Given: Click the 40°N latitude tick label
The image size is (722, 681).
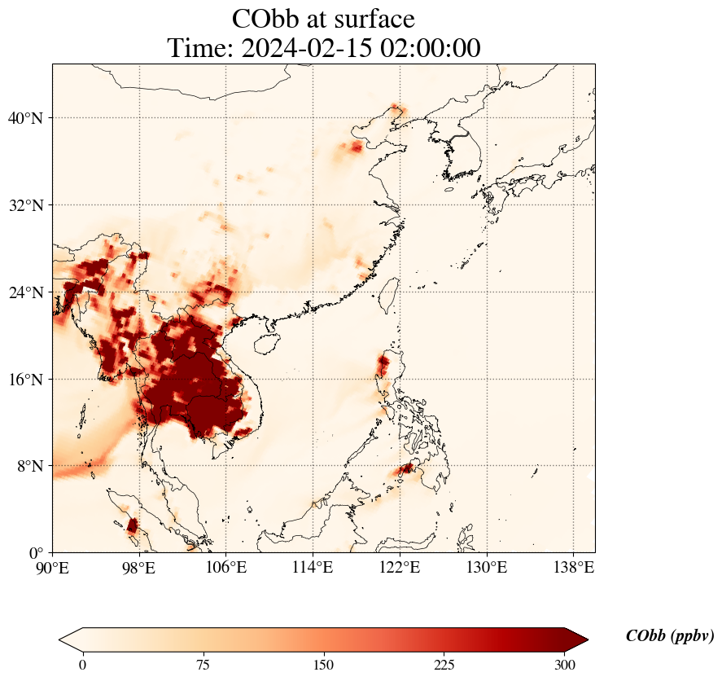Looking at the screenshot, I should coord(24,118).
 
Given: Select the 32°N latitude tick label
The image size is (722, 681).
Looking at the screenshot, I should coord(24,205).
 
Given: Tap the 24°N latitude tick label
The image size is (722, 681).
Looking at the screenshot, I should coord(24,292).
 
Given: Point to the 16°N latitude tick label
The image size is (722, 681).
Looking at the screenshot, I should coord(24,380).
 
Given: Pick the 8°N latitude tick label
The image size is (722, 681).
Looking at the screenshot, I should coord(29,466).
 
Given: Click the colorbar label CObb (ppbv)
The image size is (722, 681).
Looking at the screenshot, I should coord(670,636).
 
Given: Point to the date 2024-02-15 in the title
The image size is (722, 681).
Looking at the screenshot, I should coord(308,48).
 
